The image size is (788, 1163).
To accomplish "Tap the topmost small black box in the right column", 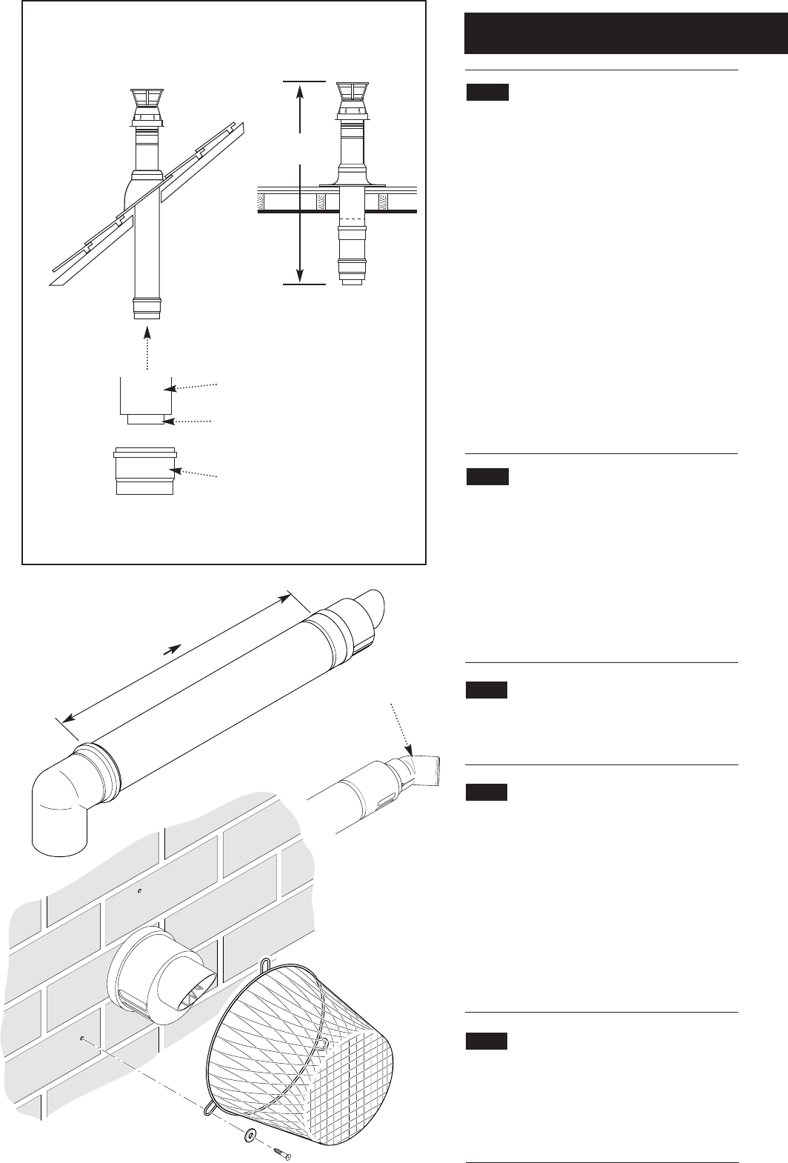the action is tap(487, 93).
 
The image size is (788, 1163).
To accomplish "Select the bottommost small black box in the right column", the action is tap(487, 1041).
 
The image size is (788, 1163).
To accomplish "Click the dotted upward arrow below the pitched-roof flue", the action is tap(148, 348).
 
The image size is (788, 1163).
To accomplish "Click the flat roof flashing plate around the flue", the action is tap(353, 182).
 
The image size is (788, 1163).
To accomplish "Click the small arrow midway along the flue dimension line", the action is tap(172, 649).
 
